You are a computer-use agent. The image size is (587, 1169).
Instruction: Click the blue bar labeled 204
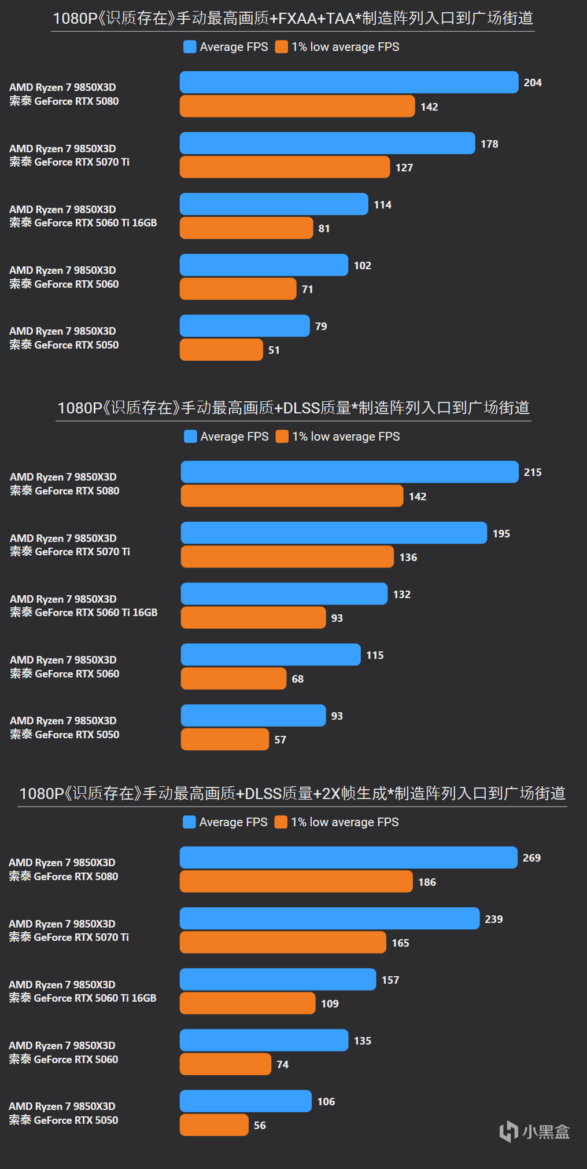click(x=349, y=82)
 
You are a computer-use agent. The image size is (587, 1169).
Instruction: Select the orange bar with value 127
click(x=285, y=167)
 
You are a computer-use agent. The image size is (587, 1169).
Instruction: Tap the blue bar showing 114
click(x=274, y=204)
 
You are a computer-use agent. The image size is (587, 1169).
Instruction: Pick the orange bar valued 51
click(x=221, y=350)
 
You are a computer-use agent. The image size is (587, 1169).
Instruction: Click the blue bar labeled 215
click(x=349, y=472)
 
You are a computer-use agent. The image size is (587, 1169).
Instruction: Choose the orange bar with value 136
click(x=287, y=556)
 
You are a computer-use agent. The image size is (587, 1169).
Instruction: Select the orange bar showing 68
click(x=233, y=678)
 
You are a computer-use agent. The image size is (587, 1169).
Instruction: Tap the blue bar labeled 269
click(x=348, y=857)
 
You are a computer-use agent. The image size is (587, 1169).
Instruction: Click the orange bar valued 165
click(x=283, y=942)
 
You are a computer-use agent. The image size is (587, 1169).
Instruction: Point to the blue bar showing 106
click(x=245, y=1101)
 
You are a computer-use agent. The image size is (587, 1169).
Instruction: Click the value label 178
click(x=489, y=144)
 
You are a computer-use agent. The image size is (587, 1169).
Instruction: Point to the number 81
click(x=324, y=228)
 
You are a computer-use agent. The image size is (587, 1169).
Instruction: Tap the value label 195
click(x=501, y=533)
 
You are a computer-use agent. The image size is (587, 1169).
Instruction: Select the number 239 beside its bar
click(x=494, y=919)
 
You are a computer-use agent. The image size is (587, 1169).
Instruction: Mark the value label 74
click(x=282, y=1064)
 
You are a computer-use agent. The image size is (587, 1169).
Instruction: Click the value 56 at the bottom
click(x=260, y=1125)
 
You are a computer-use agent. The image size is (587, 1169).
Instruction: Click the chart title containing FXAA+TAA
click(x=293, y=19)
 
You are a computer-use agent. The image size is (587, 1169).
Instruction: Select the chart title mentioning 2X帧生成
click(x=292, y=793)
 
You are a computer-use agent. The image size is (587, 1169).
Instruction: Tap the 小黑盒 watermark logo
click(x=534, y=1131)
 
